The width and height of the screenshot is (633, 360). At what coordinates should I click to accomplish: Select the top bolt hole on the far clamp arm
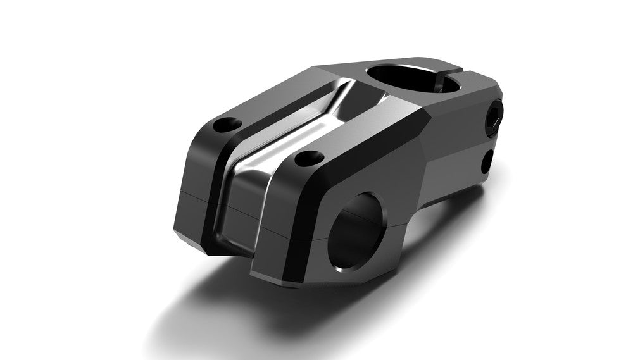pos(227,125)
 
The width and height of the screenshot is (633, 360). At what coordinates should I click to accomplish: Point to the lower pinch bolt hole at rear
pos(486,162)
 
